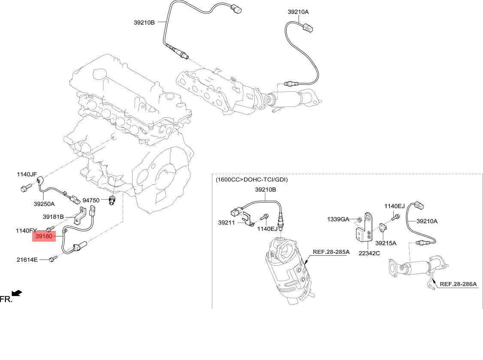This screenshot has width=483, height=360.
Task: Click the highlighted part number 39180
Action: (44, 236)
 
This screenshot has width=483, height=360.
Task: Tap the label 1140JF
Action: (27, 175)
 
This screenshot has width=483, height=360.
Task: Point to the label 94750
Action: (91, 200)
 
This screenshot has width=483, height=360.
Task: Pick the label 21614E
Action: (27, 260)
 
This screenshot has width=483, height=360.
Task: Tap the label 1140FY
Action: (27, 230)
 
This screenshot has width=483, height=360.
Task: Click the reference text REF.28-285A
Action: (331, 252)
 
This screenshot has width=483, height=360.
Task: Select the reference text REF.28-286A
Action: (458, 284)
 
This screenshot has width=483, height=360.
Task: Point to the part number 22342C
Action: (369, 253)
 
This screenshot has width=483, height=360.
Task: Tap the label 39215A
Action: (386, 243)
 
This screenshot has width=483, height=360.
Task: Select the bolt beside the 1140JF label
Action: (24, 187)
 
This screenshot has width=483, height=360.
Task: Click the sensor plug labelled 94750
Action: (112, 200)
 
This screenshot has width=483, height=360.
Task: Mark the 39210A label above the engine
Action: (298, 12)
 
